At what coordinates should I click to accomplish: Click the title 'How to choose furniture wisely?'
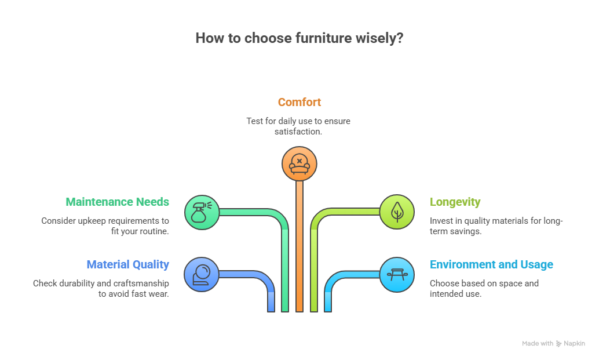pos(299,38)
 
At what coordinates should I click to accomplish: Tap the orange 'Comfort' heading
pos(299,102)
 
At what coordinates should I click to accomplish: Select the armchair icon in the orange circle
pos(299,163)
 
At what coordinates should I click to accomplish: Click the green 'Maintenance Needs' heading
pos(117,202)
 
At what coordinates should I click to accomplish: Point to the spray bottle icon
pos(202,212)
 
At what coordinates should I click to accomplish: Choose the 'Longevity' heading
pos(455,202)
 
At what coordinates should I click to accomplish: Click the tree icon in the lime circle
pos(397,212)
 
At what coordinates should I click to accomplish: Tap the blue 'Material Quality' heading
pos(127,264)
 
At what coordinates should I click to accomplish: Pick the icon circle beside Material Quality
pos(202,274)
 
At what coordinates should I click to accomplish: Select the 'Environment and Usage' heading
pos(491,264)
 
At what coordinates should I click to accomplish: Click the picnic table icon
pos(397,274)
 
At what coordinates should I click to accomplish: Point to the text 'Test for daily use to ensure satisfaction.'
pos(298,126)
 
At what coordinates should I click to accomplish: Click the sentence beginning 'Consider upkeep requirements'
pos(105,226)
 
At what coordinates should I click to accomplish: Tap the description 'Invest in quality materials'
pos(496,226)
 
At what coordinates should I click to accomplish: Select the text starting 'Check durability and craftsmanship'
pos(101,289)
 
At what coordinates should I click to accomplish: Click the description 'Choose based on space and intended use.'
pos(484,289)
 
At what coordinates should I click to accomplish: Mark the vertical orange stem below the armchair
pos(299,243)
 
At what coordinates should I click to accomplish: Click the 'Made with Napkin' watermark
pos(553,343)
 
